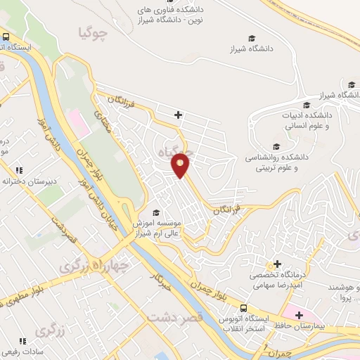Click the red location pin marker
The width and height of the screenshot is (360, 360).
point(181,165)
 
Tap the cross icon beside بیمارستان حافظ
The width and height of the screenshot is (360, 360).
point(300,314)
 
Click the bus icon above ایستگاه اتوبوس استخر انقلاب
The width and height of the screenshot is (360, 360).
point(243,307)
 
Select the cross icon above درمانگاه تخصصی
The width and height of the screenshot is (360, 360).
point(278,264)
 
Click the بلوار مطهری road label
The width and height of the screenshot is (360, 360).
point(25,295)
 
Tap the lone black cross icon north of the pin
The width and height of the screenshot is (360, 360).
point(179,115)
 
